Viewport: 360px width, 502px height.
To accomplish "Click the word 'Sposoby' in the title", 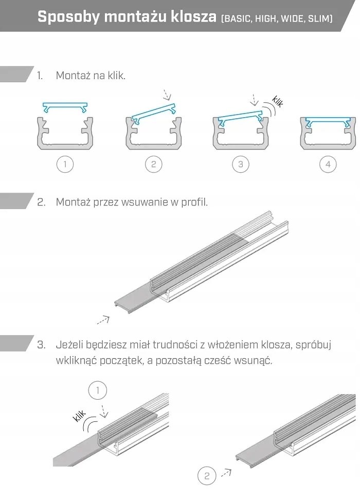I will click(x=68, y=17).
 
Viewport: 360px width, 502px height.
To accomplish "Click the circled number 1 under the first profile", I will click(x=65, y=164).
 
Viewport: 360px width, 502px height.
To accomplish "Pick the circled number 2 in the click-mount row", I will click(x=153, y=164).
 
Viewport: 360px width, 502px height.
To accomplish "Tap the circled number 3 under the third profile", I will click(x=241, y=164).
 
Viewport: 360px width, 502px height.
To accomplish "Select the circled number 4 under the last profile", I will click(x=328, y=164).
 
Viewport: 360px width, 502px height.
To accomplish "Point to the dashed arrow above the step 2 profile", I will click(x=166, y=95).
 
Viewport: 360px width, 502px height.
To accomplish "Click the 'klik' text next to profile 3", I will click(x=277, y=101).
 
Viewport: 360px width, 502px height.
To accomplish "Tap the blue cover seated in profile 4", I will click(x=328, y=121).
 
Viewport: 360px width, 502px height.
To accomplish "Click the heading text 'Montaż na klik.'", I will click(x=91, y=76).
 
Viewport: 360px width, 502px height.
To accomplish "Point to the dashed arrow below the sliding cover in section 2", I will click(x=103, y=320).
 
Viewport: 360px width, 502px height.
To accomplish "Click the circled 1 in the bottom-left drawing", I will click(x=98, y=390).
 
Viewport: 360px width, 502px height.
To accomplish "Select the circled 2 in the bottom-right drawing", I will click(x=207, y=476).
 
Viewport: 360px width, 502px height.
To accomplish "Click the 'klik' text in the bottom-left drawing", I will click(x=80, y=416).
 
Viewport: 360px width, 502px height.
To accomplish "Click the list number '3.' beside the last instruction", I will click(x=42, y=344).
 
